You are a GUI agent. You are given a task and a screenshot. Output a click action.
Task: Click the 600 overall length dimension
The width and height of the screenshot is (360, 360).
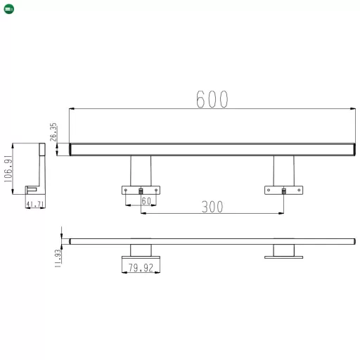(x=212, y=100)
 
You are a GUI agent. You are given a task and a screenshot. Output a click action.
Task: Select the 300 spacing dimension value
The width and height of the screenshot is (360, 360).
(x=212, y=207)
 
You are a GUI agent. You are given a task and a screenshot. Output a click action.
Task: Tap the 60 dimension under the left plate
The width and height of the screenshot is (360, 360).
(x=146, y=201)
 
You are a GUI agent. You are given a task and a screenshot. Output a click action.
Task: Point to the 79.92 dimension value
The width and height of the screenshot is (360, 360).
(x=141, y=268)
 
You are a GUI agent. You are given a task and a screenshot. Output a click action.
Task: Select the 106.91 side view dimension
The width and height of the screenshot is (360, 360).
(x=8, y=169)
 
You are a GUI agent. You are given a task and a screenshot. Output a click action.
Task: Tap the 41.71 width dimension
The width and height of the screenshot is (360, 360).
(x=35, y=205)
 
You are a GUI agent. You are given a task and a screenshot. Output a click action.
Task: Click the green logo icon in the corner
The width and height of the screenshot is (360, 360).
(x=8, y=8)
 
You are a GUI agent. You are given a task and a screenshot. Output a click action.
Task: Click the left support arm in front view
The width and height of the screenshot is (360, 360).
(x=141, y=170)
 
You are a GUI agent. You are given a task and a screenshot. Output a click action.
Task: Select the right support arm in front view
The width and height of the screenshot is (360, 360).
(x=283, y=170)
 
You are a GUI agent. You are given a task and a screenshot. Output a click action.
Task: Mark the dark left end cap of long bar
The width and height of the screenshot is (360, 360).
(x=71, y=149)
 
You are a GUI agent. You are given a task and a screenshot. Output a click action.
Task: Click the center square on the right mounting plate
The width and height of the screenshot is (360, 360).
(x=283, y=190)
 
